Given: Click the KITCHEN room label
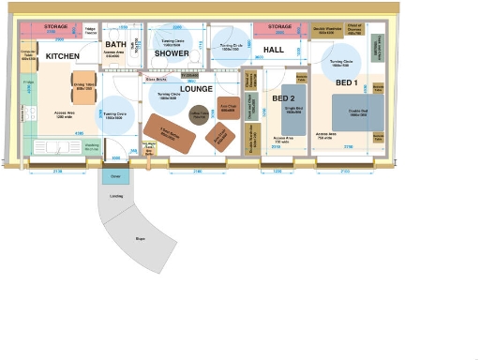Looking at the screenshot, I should tap(63, 57).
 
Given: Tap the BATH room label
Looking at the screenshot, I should tap(115, 45).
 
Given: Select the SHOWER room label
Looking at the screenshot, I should tap(172, 53).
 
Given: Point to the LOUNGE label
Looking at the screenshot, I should tap(197, 89).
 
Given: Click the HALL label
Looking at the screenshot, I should tap(274, 49).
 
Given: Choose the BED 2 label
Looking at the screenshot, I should tap(283, 98).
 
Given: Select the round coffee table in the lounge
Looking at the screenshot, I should tap(198, 115).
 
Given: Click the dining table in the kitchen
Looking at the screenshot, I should tap(83, 87).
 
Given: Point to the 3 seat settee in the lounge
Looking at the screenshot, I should tap(170, 133).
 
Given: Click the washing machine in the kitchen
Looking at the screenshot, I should tap(92, 147).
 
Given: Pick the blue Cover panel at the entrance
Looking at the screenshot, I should tap(117, 176).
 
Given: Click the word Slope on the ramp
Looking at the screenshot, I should tap(139, 240).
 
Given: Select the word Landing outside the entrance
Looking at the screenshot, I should tap(116, 196).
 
